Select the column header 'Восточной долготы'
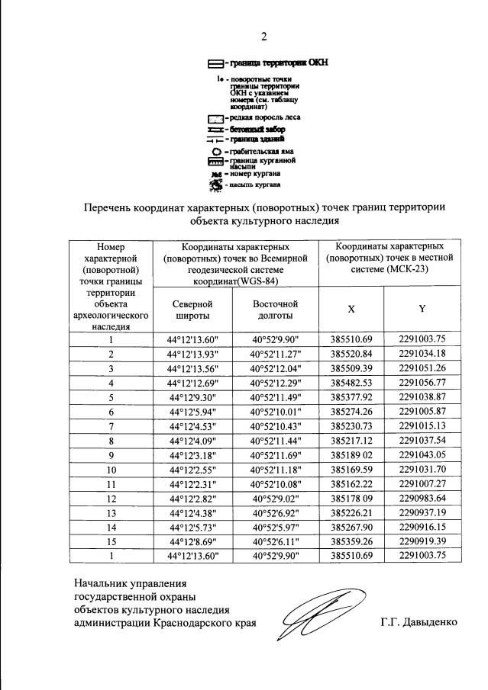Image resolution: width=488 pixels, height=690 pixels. [x=275, y=309]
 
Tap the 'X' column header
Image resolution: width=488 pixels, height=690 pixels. [x=351, y=309]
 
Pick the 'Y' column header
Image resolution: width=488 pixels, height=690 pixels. [x=422, y=309]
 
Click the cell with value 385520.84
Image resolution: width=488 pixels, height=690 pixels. [x=351, y=354]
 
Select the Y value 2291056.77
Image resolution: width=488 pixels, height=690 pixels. [x=422, y=381]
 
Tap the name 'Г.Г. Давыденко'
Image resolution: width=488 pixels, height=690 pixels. [x=419, y=622]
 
